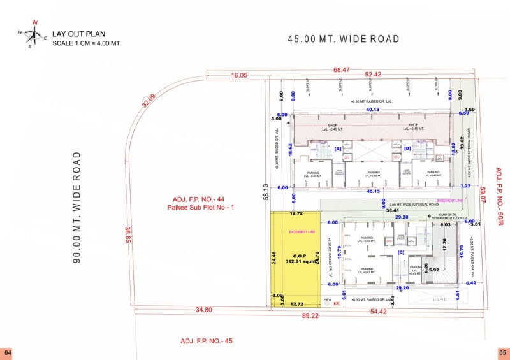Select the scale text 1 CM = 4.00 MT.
(87, 43)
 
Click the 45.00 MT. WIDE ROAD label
(344, 40)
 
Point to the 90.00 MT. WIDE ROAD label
(76, 207)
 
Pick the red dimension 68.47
(342, 69)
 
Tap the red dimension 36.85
(128, 238)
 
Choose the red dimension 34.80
(204, 310)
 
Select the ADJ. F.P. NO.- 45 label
(207, 341)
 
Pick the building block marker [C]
(401, 252)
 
